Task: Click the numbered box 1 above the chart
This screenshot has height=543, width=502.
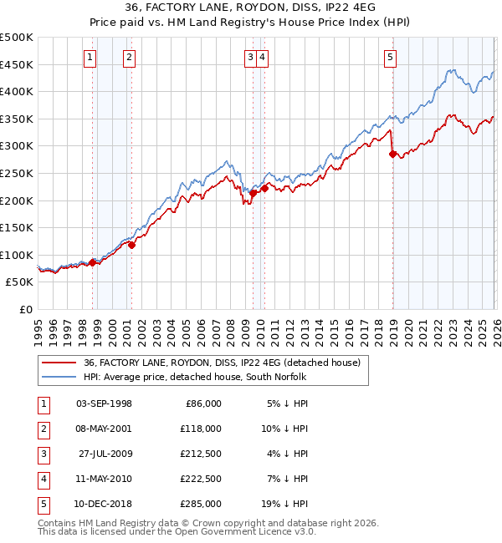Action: (90, 58)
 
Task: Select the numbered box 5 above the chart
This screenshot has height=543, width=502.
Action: (391, 58)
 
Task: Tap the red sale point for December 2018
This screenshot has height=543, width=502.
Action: (392, 154)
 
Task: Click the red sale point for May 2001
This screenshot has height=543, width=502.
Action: (131, 245)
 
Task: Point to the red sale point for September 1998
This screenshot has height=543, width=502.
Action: (92, 262)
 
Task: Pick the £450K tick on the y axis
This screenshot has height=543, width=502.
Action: (17, 64)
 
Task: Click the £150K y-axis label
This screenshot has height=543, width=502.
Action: (17, 227)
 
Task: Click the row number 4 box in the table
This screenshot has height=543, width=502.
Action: (43, 480)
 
